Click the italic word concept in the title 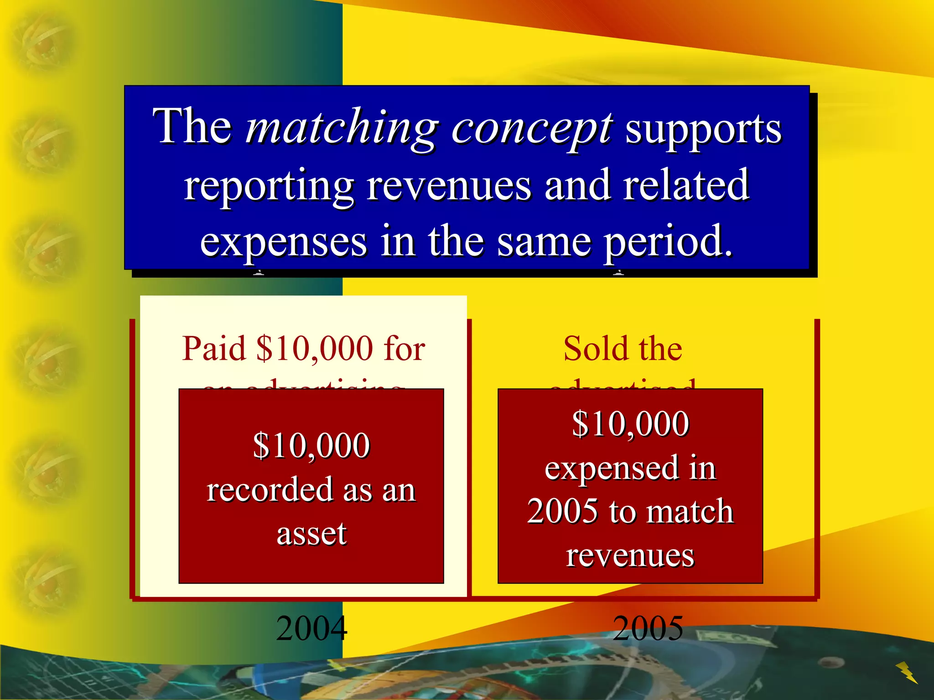point(532,129)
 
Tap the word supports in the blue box point(703,129)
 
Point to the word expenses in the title point(283,242)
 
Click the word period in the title point(668,242)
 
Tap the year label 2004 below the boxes point(312,628)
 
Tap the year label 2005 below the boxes point(648,628)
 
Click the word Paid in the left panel point(214,349)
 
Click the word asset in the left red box point(311,533)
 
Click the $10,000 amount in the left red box point(311,446)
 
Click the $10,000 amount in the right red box point(630,424)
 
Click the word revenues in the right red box point(630,555)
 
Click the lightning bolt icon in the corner point(907,673)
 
